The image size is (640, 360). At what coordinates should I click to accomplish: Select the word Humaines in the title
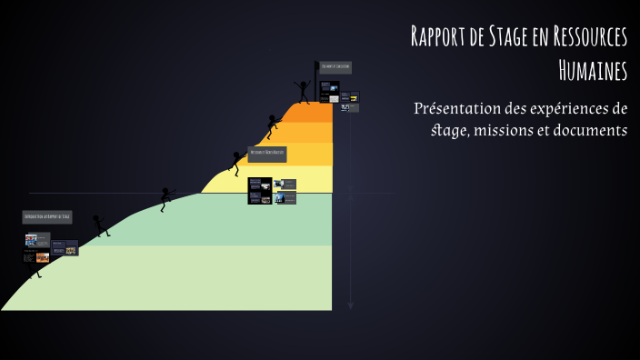pos(593,68)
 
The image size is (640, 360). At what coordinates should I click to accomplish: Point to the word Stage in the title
pos(517,37)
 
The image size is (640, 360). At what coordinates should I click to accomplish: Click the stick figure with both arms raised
pos(303,91)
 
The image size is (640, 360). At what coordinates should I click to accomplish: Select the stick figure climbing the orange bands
pos(272,125)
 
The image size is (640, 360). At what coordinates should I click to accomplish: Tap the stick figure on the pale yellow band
pos(235,162)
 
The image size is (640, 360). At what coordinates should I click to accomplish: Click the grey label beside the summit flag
pos(335,66)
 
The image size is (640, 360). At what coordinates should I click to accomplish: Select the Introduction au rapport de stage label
pos(47,217)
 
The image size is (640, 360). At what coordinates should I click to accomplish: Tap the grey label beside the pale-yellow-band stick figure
pos(267,153)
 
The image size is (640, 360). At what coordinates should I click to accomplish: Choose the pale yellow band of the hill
pos(273,180)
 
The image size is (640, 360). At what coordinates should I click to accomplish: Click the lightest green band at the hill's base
pos(182,277)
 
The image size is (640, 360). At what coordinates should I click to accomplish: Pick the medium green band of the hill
pos(227,218)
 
